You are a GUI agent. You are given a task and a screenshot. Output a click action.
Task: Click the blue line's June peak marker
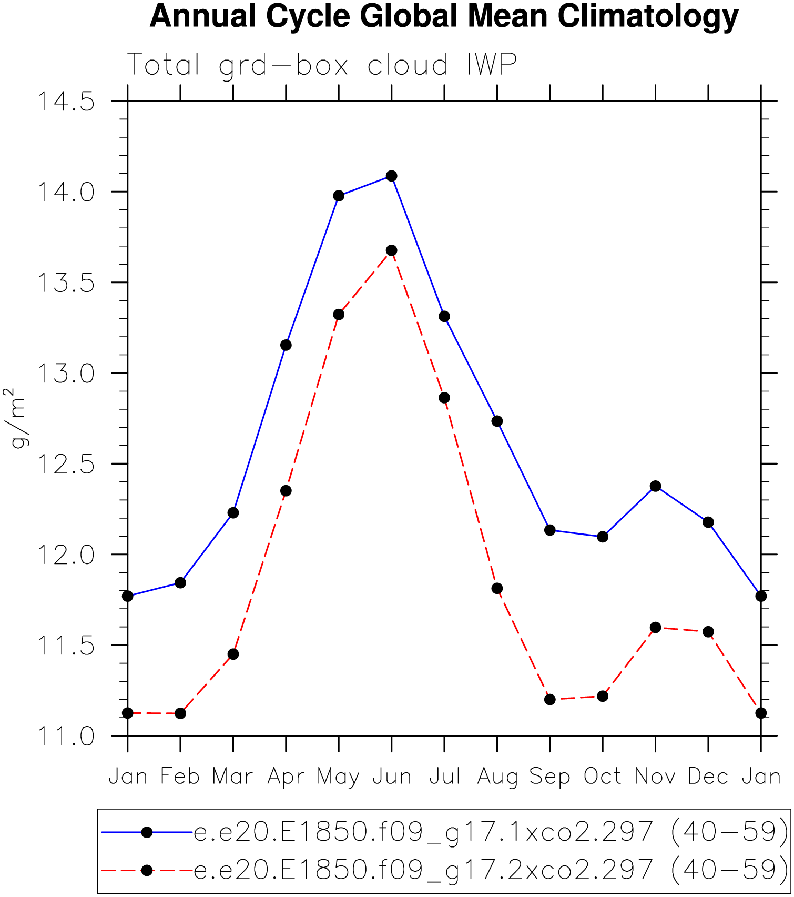391,176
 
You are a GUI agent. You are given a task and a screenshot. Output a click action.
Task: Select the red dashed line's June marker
391,250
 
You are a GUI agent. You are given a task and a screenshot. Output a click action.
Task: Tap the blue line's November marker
655,486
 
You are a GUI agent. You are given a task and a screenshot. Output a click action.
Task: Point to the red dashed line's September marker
550,699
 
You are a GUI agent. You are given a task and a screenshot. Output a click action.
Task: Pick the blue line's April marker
286,345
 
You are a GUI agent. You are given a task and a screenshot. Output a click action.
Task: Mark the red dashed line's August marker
497,588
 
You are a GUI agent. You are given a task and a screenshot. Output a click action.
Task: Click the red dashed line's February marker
180,713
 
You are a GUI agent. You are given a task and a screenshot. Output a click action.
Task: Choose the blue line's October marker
603,537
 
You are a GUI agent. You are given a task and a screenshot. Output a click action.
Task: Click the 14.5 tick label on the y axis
65,102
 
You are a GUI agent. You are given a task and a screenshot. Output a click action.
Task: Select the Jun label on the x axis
392,777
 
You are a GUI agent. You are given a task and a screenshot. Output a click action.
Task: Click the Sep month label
550,777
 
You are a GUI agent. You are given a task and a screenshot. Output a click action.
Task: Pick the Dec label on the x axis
708,777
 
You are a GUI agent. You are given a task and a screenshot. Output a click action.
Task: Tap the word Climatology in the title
648,17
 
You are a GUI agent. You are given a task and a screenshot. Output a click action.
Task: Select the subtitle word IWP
492,65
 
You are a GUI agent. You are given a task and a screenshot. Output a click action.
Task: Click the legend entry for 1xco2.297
491,832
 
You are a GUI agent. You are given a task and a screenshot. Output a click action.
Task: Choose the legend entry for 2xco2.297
491,870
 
